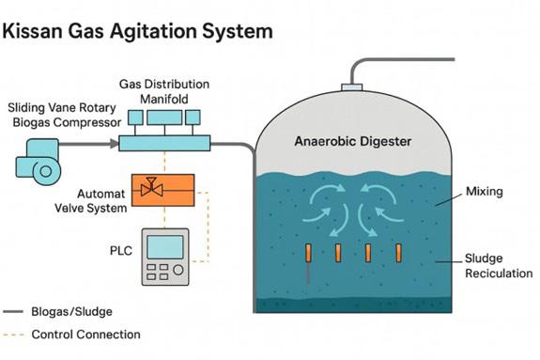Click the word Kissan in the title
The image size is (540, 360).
pyautogui.click(x=33, y=31)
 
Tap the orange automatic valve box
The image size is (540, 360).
pyautogui.click(x=162, y=190)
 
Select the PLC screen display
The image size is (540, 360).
pyautogui.click(x=165, y=247)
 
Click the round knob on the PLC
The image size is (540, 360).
pyautogui.click(x=178, y=270)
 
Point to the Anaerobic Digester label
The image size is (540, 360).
pyautogui.click(x=353, y=141)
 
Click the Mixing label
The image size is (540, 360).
pyautogui.click(x=485, y=191)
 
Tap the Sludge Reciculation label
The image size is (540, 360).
pyautogui.click(x=499, y=265)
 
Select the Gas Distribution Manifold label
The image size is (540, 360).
pyautogui.click(x=164, y=91)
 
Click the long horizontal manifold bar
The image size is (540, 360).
pyautogui.click(x=164, y=143)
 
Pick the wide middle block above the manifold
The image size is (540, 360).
pyautogui.click(x=164, y=117)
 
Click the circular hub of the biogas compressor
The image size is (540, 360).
pyautogui.click(x=46, y=171)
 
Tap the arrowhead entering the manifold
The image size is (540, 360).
pyautogui.click(x=115, y=143)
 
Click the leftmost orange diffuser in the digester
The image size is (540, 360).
pyautogui.click(x=308, y=253)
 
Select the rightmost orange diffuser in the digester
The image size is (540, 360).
pyautogui.click(x=398, y=253)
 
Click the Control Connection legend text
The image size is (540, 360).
pyautogui.click(x=85, y=334)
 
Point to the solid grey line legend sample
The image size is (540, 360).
pyautogui.click(x=13, y=311)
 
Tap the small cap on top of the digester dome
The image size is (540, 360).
pyautogui.click(x=351, y=86)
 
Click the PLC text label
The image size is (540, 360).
pyautogui.click(x=121, y=250)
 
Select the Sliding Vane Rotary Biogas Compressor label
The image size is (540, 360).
pyautogui.click(x=65, y=115)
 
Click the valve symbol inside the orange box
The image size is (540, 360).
pyautogui.click(x=151, y=188)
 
